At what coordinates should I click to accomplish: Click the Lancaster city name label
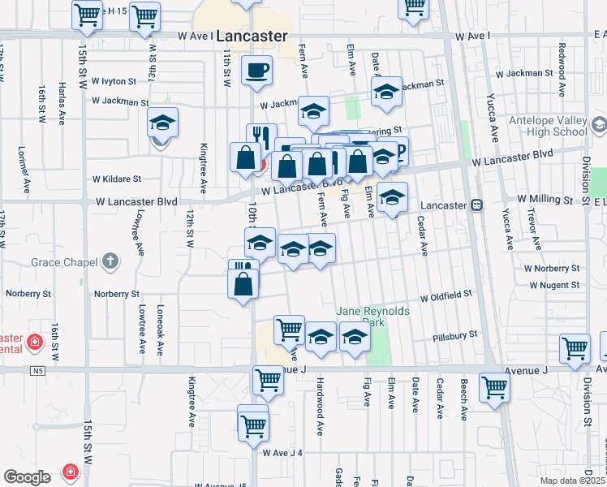click(252, 37)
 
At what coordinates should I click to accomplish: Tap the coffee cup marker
click(257, 71)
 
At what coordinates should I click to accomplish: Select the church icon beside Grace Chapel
click(110, 262)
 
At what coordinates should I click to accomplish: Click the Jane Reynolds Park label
click(373, 316)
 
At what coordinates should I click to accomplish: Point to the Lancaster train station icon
click(477, 205)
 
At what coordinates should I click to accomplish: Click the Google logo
click(27, 476)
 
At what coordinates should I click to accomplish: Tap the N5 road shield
click(37, 370)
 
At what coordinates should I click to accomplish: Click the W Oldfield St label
click(446, 295)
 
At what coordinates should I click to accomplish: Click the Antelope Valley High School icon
click(599, 125)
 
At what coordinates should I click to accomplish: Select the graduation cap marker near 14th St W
click(162, 123)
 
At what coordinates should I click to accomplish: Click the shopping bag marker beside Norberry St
click(243, 284)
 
